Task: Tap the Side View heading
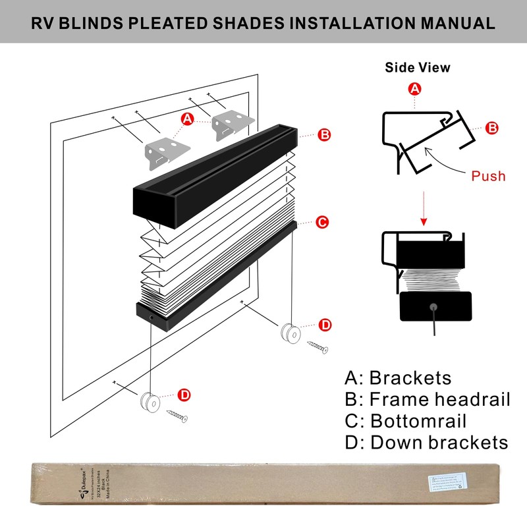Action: (418, 67)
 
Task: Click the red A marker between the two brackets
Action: (188, 119)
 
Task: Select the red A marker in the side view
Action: (415, 88)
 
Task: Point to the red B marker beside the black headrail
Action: (324, 135)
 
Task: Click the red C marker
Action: (321, 222)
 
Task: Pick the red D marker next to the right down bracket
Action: (325, 325)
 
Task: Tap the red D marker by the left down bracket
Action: (184, 395)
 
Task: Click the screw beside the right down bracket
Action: (318, 347)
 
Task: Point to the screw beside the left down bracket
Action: (177, 416)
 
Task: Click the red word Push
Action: (488, 176)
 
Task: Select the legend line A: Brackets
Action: (398, 377)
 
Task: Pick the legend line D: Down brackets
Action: (426, 442)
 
